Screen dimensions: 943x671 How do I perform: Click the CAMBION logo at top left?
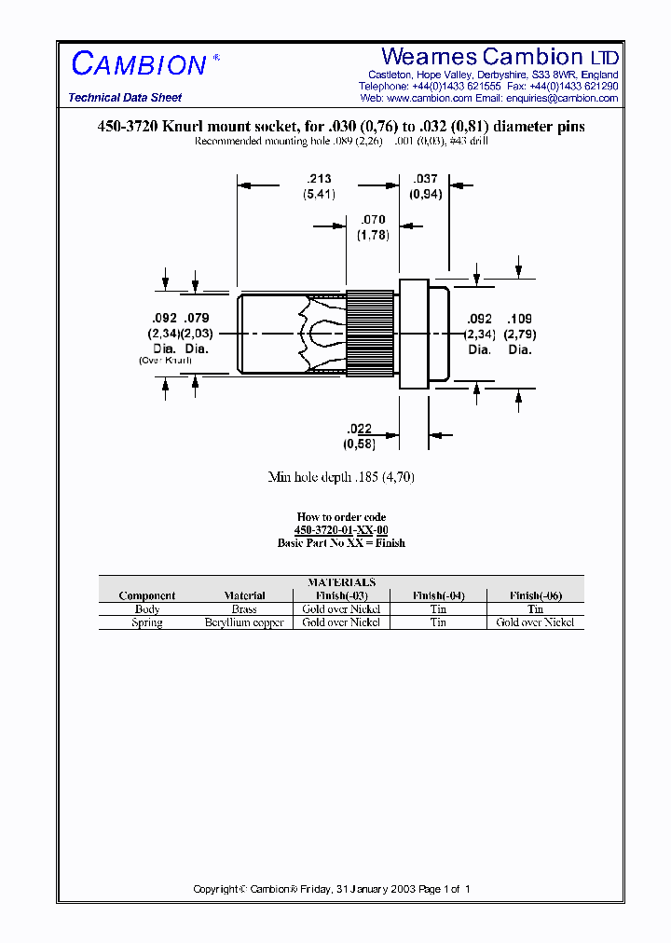tap(139, 64)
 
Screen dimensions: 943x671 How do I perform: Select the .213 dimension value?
tap(319, 179)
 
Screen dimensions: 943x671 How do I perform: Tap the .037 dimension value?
tap(425, 179)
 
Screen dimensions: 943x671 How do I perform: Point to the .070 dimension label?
tap(372, 220)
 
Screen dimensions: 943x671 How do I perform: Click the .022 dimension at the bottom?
tap(360, 429)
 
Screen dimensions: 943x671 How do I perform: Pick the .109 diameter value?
tap(519, 318)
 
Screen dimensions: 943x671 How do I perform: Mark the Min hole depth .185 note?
tap(341, 477)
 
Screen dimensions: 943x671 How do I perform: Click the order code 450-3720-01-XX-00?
tap(341, 529)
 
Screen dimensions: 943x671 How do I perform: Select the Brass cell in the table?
tap(244, 609)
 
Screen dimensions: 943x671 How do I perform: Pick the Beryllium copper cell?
tap(244, 622)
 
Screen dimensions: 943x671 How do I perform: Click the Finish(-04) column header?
tap(438, 595)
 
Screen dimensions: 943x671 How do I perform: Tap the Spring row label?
tap(147, 622)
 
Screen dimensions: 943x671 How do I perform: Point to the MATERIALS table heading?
tap(341, 582)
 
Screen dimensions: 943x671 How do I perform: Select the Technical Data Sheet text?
tap(125, 98)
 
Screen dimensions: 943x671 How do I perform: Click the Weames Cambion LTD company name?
tap(500, 57)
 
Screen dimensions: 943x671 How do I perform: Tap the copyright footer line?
tap(332, 889)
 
